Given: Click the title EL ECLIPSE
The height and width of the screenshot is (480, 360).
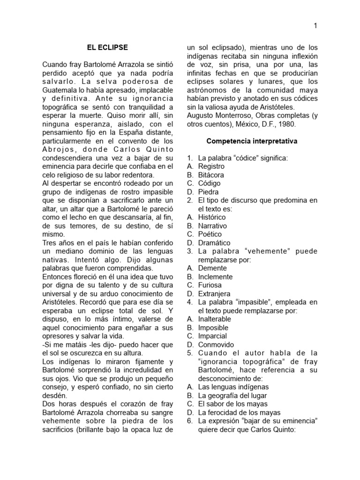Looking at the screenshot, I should tap(107, 47).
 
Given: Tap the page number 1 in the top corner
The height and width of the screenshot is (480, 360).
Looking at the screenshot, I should tap(315, 26).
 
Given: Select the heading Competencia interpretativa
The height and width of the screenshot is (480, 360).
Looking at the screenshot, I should tap(252, 141).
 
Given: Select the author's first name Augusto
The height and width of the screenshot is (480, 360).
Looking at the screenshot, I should tap(201, 115).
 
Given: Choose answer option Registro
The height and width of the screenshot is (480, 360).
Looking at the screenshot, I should tap(211, 166).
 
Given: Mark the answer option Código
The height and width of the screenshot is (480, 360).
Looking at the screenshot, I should tap(209, 183).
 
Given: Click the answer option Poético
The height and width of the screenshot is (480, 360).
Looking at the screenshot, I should tap(210, 234).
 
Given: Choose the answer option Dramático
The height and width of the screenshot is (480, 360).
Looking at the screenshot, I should tap(214, 242).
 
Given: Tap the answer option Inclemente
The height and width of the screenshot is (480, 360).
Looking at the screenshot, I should tap(215, 277).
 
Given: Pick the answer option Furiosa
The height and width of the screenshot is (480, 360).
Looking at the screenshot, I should tap(210, 285).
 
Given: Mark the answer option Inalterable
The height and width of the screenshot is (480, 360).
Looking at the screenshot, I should tap(214, 319).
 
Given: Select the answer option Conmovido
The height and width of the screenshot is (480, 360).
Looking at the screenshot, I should tap(214, 345).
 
